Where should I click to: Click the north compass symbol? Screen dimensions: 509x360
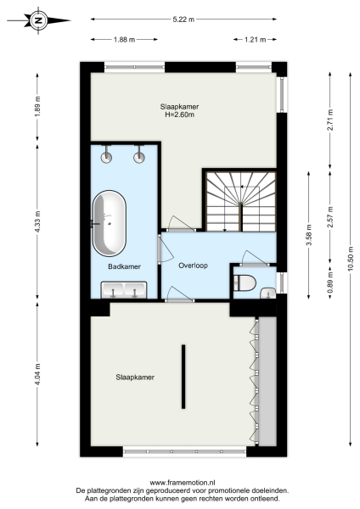click(x=38, y=18)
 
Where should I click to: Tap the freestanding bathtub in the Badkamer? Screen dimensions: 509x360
click(x=110, y=223)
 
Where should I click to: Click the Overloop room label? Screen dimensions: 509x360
click(x=193, y=265)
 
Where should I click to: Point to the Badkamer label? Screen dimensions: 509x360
click(x=124, y=266)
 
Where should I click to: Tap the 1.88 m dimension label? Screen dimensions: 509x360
click(x=124, y=39)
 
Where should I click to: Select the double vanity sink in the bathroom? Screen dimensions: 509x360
click(x=123, y=290)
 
